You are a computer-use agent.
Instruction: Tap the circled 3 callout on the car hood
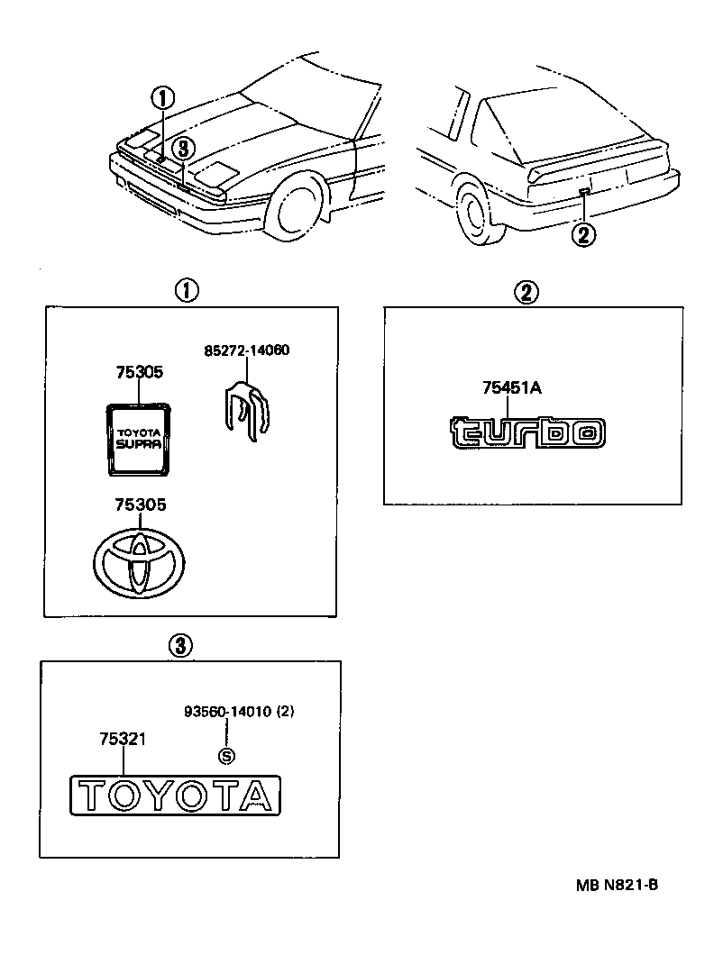(x=183, y=147)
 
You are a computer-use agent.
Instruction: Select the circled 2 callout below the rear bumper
(x=584, y=235)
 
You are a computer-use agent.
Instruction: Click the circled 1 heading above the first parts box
(x=186, y=290)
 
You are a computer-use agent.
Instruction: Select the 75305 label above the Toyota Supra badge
(x=139, y=371)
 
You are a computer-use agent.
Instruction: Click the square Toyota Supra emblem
(x=139, y=437)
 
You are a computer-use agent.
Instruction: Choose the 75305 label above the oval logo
(x=139, y=506)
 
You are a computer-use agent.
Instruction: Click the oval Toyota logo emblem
(x=140, y=563)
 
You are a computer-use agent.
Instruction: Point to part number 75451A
(x=510, y=387)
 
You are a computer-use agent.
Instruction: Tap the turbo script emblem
(x=527, y=432)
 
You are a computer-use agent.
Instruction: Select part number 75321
(x=124, y=739)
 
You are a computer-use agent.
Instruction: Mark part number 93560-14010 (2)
(x=238, y=712)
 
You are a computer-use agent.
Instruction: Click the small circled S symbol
(x=227, y=756)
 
